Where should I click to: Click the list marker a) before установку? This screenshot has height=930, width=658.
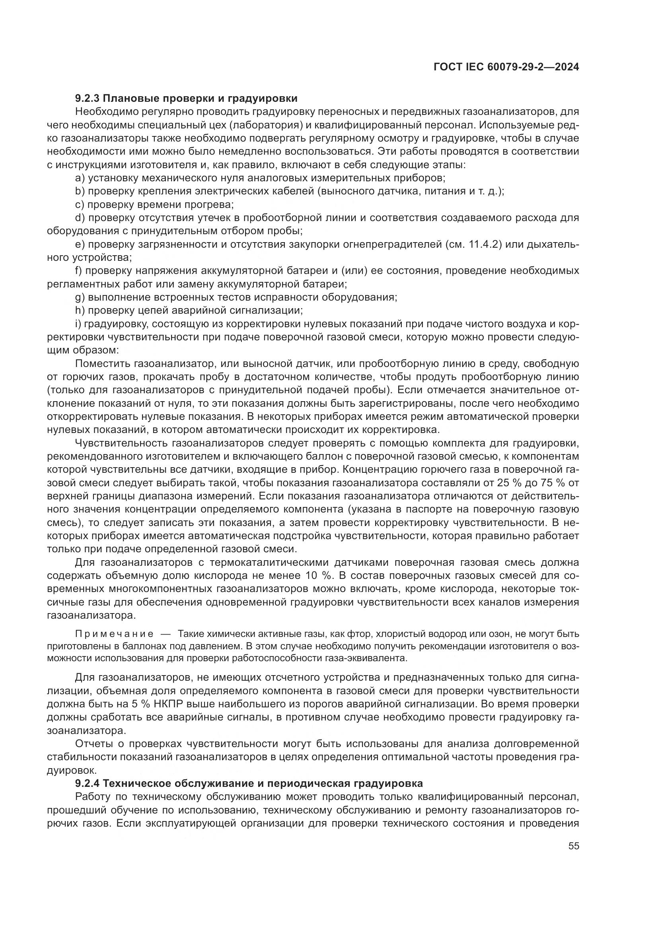80,178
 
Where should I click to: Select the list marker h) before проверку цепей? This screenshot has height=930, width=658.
80,311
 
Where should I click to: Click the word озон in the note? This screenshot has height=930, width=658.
511,633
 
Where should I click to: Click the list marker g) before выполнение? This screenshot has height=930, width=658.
80,297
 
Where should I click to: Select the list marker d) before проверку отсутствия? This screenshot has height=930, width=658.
80,218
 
